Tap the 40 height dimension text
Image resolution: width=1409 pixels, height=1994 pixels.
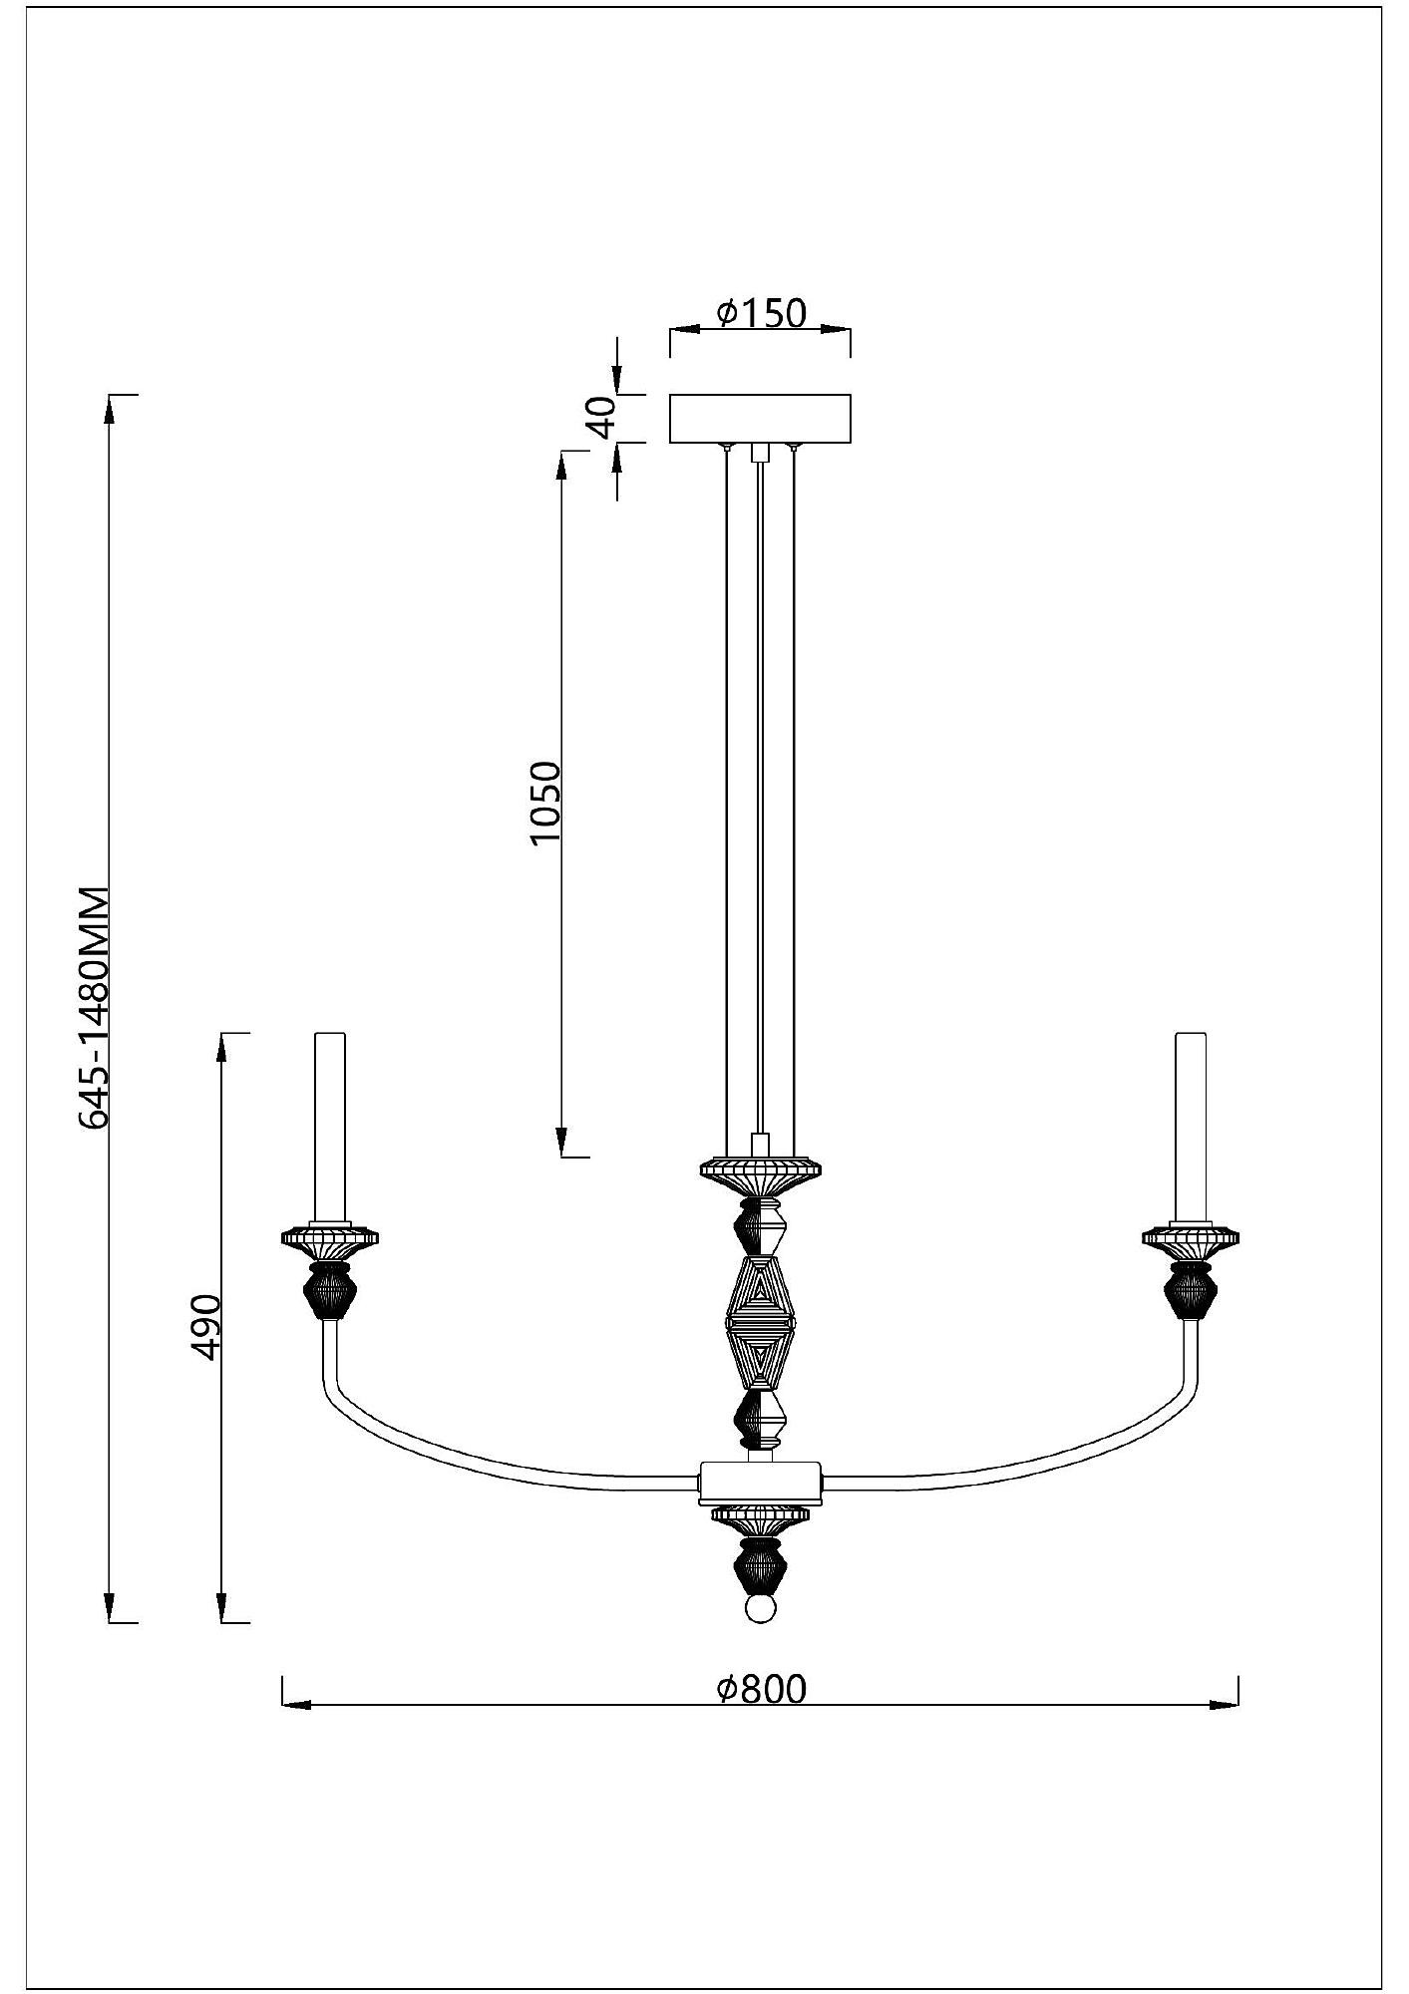[600, 418]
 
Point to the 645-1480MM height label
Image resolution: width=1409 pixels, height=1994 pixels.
[95, 1007]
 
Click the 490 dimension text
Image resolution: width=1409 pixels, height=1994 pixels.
[207, 1327]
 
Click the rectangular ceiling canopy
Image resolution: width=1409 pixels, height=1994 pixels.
[760, 419]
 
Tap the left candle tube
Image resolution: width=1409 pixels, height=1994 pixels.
[330, 1127]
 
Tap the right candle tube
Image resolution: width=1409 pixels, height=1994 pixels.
[1191, 1127]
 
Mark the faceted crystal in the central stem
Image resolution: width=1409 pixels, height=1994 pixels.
[760, 1323]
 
